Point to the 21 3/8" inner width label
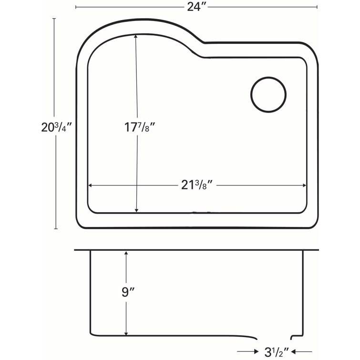196,185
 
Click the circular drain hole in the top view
268,94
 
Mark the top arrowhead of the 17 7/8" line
136,36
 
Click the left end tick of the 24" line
76,7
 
